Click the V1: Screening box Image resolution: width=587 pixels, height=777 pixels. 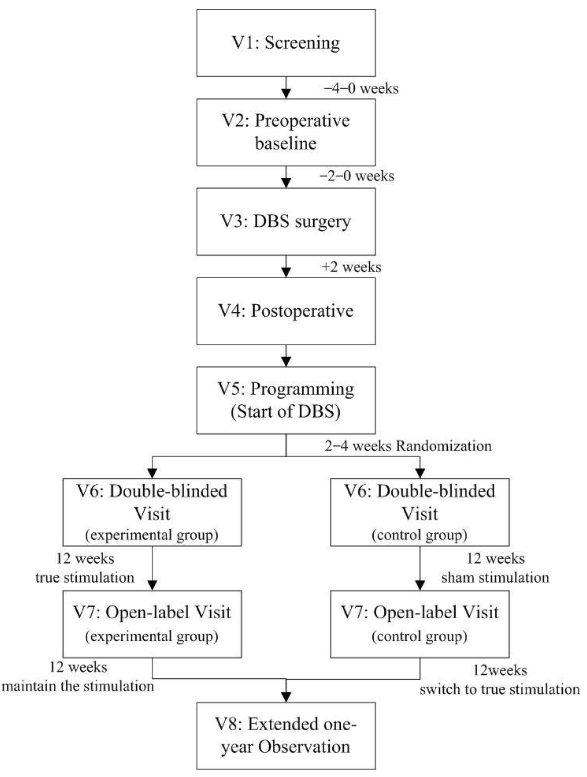(x=286, y=43)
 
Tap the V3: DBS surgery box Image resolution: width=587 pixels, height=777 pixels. (x=286, y=222)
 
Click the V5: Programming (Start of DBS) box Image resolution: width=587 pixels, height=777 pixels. (x=286, y=401)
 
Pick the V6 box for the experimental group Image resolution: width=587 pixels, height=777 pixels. (x=152, y=512)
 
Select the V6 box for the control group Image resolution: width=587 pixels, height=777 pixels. (x=420, y=512)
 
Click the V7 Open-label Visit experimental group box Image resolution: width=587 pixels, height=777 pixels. (x=152, y=624)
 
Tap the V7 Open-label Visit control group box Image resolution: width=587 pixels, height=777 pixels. (x=420, y=624)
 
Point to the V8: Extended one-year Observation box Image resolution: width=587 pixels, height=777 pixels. (x=286, y=736)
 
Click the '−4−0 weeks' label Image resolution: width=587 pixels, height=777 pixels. (x=361, y=89)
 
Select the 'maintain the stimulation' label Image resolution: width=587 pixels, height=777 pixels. (x=78, y=686)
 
